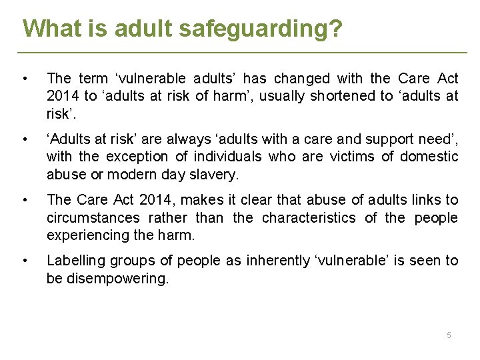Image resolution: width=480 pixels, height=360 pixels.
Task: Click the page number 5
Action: (449, 335)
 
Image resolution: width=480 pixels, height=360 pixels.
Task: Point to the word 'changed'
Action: (303, 78)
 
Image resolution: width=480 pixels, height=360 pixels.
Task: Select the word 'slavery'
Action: (218, 175)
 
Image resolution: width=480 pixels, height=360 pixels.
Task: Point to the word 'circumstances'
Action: (93, 217)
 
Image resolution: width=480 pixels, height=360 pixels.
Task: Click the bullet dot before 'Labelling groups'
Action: (25, 261)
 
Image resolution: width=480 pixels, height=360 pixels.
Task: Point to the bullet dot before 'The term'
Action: (25, 78)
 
